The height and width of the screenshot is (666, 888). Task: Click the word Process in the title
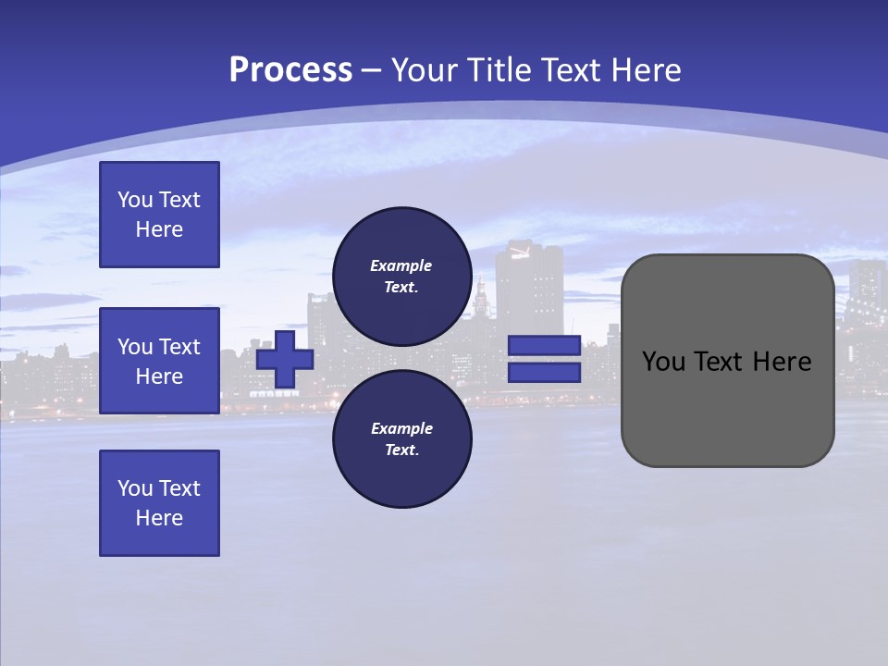pos(290,70)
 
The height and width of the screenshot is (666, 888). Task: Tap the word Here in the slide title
pos(644,70)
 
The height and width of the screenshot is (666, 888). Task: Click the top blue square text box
pos(159,215)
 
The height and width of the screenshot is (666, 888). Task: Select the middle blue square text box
pos(159,361)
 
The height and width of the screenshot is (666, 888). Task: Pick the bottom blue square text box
pos(159,503)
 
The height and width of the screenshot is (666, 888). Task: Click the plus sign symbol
pos(285,359)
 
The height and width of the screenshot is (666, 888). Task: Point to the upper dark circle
pos(402,276)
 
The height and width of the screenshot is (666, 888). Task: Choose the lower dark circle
pos(402,439)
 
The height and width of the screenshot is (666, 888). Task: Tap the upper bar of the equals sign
pos(545,346)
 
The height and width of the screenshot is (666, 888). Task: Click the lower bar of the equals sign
pos(545,373)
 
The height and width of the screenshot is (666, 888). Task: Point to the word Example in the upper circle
pos(401,265)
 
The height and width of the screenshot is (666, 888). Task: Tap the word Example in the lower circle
pos(401,428)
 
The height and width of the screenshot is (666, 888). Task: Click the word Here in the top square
pos(159,229)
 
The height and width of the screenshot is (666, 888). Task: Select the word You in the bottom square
pos(135,488)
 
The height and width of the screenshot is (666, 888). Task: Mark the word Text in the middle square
pos(179,347)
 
